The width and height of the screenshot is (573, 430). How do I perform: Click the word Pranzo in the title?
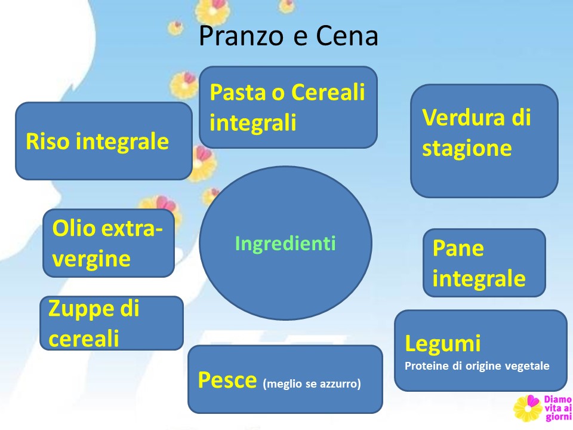[242, 36]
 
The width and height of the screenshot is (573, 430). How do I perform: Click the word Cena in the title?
[347, 36]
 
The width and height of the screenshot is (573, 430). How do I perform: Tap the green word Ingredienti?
[285, 243]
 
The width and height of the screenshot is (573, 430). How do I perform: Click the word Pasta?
[238, 92]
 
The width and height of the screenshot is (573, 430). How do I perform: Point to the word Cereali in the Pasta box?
[328, 92]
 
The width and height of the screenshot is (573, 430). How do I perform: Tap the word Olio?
[74, 229]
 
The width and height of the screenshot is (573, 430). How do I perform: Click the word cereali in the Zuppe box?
[84, 338]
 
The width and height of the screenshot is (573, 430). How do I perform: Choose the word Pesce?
[227, 380]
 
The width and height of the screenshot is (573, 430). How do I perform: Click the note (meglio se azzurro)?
[312, 383]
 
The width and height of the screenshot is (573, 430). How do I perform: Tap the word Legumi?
[443, 344]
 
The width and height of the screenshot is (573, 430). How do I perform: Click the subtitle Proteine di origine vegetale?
[477, 366]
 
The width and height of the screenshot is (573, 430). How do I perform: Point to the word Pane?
[458, 248]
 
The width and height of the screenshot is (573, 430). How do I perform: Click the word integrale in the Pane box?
[479, 279]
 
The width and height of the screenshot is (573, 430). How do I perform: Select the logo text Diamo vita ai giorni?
[557, 408]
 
